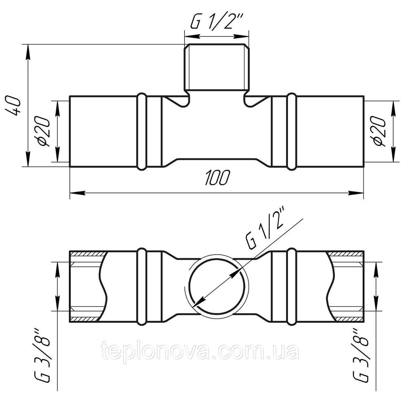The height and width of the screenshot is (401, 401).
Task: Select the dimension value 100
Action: click(x=217, y=178)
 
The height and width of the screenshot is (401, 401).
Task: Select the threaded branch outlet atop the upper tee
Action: click(x=217, y=67)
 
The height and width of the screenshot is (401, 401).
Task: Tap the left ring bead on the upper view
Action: click(x=141, y=131)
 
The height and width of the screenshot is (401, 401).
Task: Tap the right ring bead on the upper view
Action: click(x=292, y=131)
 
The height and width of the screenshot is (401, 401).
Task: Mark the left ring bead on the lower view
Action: click(x=141, y=286)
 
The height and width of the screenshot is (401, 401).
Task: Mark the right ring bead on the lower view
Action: click(x=292, y=286)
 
